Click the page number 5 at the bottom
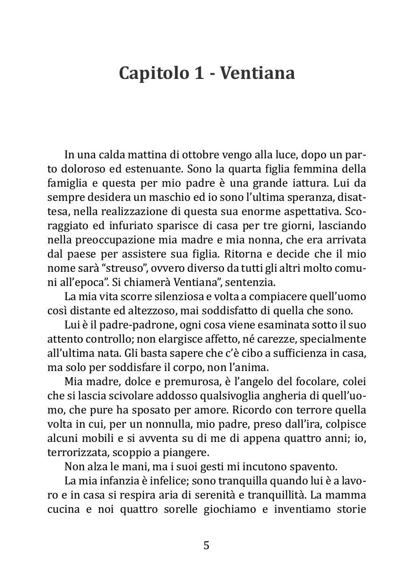(x=206, y=545)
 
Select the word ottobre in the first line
(x=204, y=155)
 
